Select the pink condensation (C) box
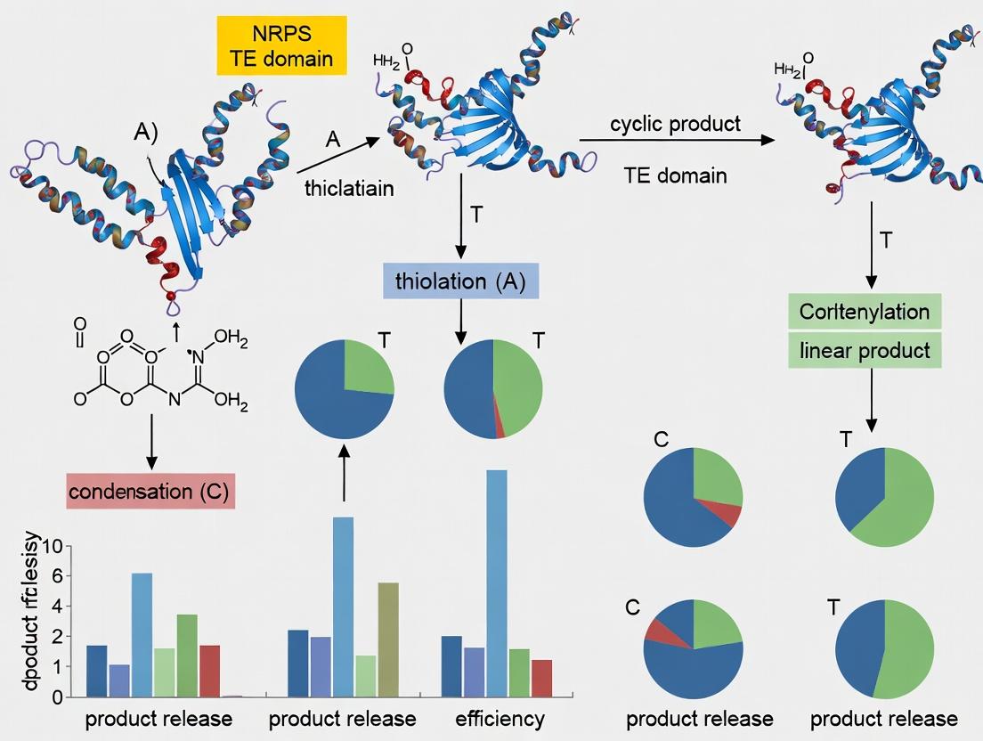tap(151, 492)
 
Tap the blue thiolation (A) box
tap(460, 283)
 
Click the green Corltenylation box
tap(865, 312)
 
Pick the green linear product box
tap(865, 350)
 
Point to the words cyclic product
tap(675, 124)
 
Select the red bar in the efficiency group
tap(541, 678)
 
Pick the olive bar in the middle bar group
tap(388, 638)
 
